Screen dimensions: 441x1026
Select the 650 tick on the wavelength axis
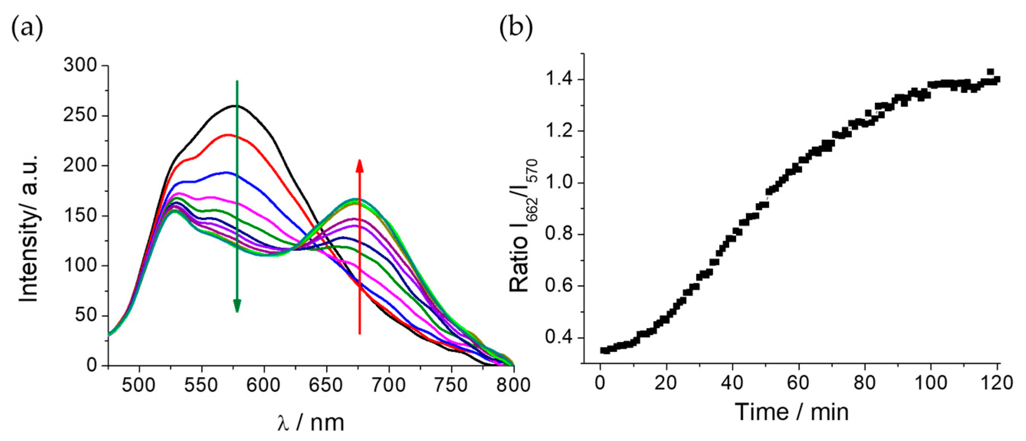(x=326, y=385)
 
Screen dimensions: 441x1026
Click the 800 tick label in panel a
(x=514, y=385)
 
